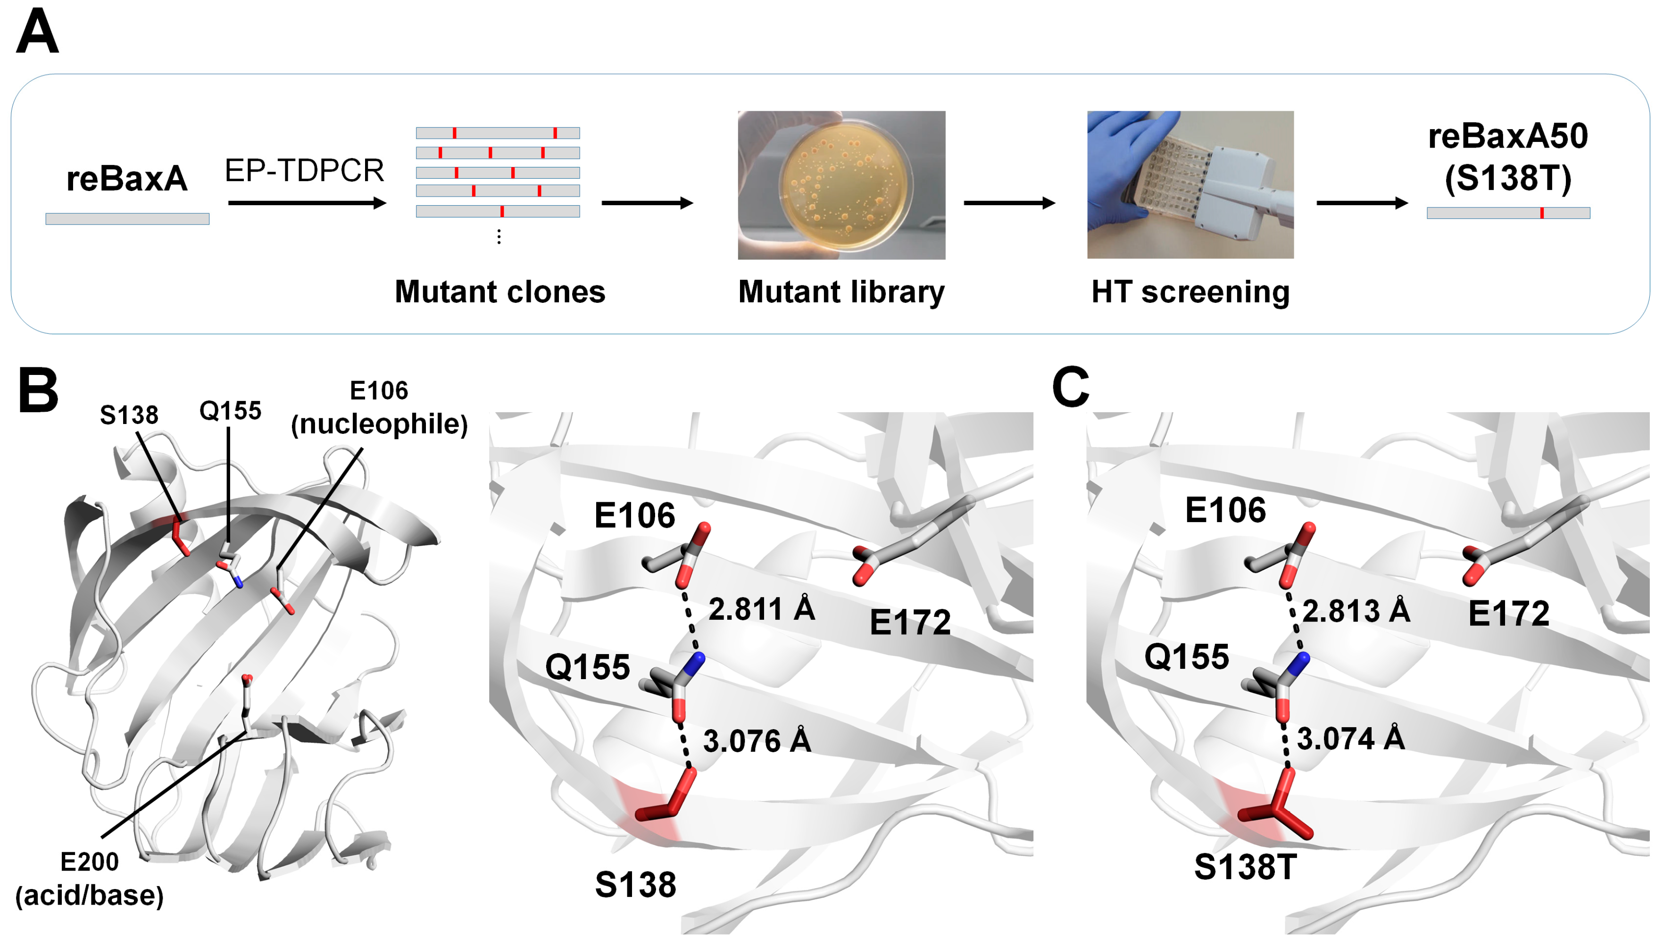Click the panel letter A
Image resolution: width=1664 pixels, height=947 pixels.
click(x=37, y=33)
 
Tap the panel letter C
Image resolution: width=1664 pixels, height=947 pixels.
click(x=1070, y=387)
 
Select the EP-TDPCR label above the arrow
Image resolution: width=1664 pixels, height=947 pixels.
click(x=304, y=170)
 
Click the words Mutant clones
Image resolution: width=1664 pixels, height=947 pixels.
click(x=499, y=291)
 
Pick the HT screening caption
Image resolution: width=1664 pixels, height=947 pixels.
click(x=1190, y=291)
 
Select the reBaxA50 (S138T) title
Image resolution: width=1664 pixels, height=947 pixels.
click(x=1507, y=158)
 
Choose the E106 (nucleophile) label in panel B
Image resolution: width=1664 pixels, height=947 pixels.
click(x=379, y=408)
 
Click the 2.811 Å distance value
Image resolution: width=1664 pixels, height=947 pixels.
click(x=761, y=609)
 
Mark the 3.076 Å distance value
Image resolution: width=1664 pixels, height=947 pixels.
click(x=756, y=741)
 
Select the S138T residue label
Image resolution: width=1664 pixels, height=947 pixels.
click(x=1245, y=867)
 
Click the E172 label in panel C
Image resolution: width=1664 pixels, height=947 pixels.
click(x=1508, y=614)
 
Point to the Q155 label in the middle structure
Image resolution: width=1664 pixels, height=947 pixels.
click(x=587, y=667)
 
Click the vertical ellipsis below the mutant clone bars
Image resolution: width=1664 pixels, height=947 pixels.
click(x=499, y=237)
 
